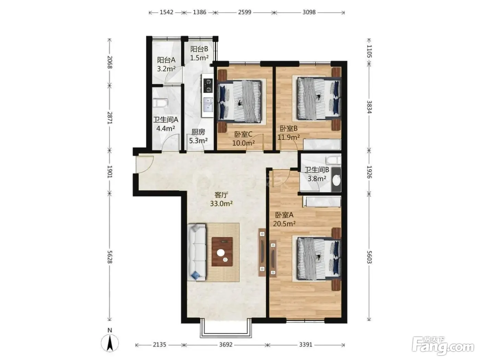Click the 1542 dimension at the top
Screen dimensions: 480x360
[166, 12]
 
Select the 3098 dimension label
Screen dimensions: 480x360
[309, 12]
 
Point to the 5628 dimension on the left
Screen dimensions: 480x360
[110, 257]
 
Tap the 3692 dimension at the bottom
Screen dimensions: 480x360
[226, 345]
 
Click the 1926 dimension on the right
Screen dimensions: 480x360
[369, 172]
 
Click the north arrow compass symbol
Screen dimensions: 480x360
[110, 342]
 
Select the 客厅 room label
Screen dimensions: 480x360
[221, 195]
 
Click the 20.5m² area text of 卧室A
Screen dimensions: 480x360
[284, 224]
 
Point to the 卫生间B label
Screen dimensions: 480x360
[317, 170]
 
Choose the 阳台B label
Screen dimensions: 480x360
[199, 49]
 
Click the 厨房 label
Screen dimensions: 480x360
[198, 132]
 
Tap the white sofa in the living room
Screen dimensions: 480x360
[197, 252]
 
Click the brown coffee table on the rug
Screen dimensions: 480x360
[222, 252]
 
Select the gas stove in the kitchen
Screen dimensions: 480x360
[208, 86]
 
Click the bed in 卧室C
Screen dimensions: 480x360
[239, 100]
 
